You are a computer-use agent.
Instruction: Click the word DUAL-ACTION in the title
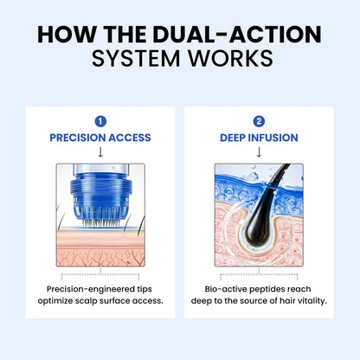(237, 35)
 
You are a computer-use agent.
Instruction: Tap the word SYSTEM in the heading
(136, 59)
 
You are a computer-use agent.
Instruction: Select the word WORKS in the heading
(230, 59)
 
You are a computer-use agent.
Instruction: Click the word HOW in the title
(67, 35)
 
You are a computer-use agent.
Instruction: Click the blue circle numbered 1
(100, 121)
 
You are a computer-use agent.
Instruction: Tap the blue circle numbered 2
(259, 121)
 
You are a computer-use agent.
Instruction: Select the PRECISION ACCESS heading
(100, 138)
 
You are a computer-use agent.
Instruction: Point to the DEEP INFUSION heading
(259, 138)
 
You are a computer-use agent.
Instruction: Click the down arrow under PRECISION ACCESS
(100, 152)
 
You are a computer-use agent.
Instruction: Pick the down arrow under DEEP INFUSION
(259, 152)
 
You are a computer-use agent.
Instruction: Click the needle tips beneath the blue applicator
(100, 222)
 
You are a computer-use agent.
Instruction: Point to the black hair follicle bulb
(257, 228)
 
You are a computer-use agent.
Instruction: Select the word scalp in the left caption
(86, 301)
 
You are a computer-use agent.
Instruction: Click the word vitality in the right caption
(312, 301)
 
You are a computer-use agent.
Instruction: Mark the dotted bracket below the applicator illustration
(100, 274)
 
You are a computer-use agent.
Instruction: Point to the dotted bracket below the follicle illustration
(259, 274)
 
